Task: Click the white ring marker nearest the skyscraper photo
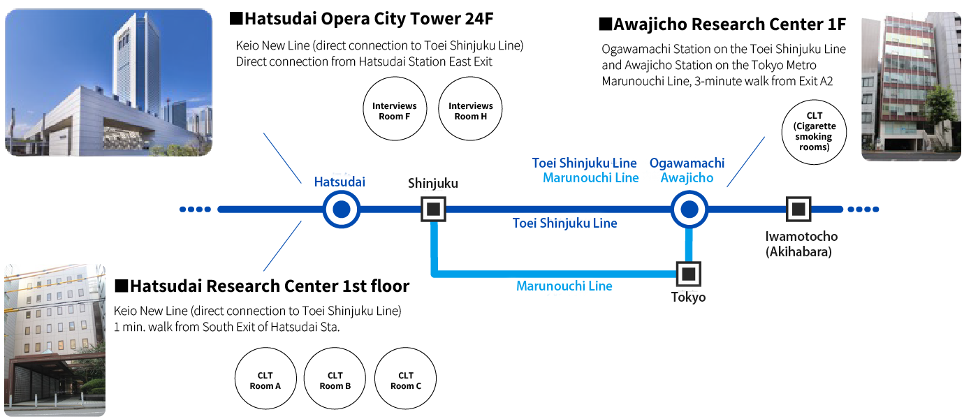tap(341, 209)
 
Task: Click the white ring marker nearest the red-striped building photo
tap(688, 209)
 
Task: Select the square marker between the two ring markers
tap(434, 209)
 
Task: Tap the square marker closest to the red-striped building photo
tap(798, 209)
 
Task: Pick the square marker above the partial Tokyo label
tap(688, 274)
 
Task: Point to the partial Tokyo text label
tap(685, 302)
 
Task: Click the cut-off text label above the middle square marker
tap(426, 186)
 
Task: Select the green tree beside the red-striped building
tap(940, 112)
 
